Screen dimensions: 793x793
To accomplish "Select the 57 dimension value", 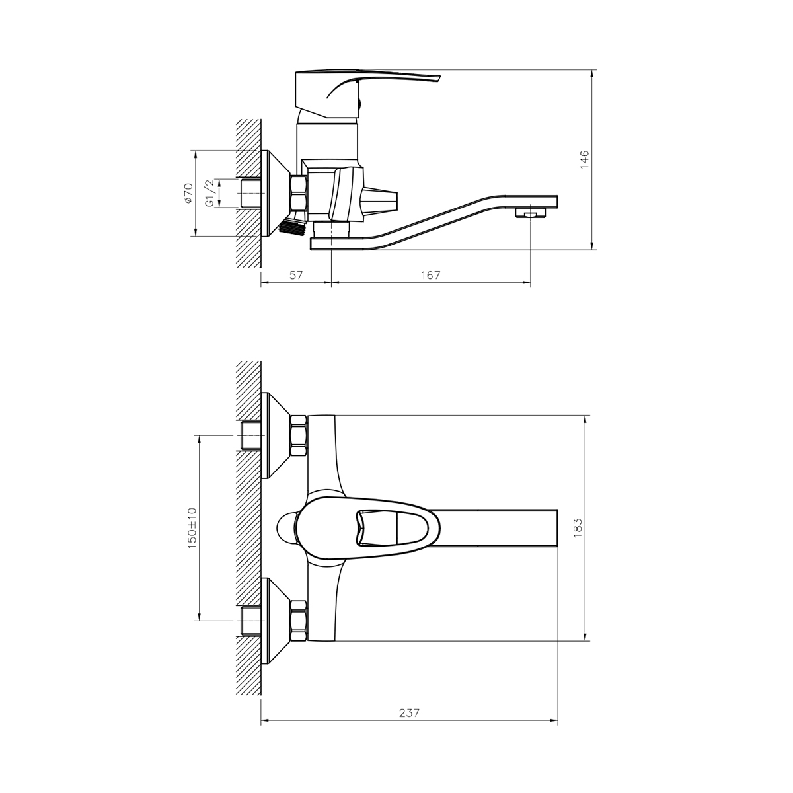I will click(x=296, y=275).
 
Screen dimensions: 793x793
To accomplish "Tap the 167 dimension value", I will click(x=430, y=275).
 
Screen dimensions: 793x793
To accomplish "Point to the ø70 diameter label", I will click(x=188, y=193).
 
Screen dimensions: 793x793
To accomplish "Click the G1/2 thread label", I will click(x=209, y=193).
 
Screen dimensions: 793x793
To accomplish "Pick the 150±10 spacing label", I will click(x=192, y=527).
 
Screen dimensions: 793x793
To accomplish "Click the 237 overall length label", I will click(x=410, y=712).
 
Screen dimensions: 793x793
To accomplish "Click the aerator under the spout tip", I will click(x=529, y=213).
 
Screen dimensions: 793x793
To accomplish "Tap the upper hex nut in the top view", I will click(x=299, y=435).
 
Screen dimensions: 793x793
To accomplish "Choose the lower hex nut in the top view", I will click(x=299, y=621).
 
